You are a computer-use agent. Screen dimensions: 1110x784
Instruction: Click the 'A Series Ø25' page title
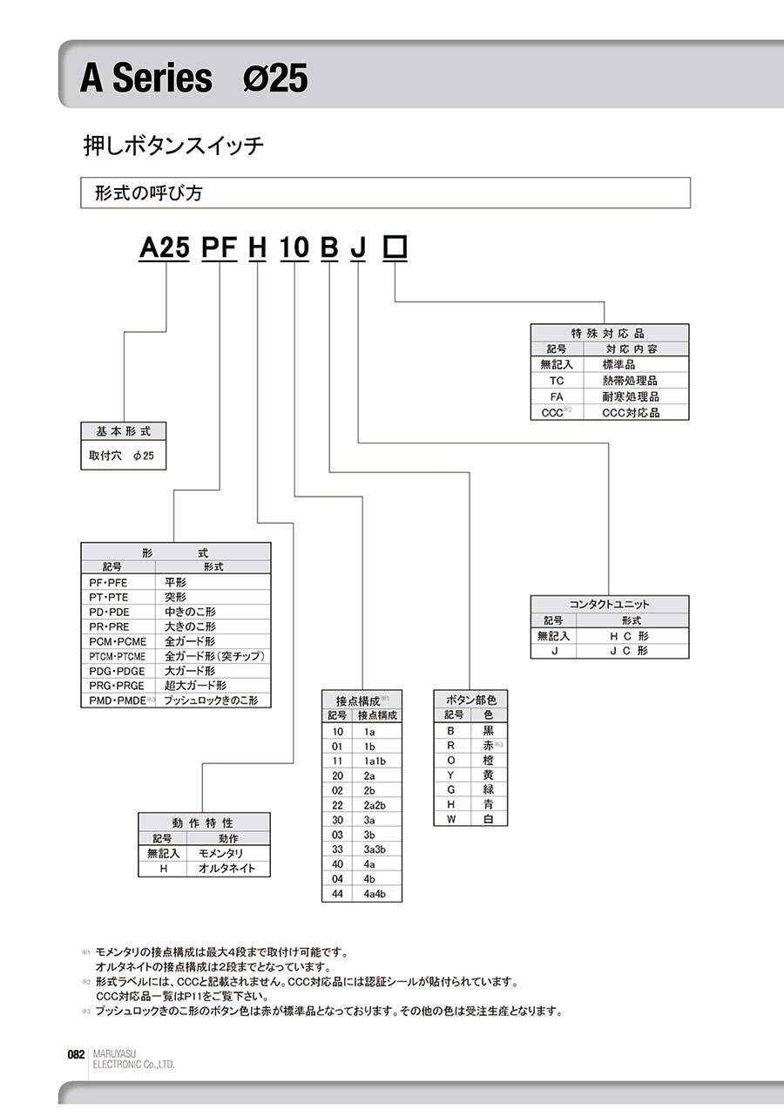coord(193,79)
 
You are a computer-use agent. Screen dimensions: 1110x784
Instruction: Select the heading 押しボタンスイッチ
coord(172,146)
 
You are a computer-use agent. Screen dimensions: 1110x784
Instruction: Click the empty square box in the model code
coord(395,248)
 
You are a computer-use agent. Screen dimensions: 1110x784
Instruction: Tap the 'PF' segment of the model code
coord(218,249)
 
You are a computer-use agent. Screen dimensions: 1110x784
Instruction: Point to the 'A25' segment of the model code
coord(165,249)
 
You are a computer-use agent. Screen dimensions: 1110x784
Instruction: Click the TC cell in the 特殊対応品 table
coord(557,381)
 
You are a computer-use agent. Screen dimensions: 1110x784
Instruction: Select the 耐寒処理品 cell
coord(630,396)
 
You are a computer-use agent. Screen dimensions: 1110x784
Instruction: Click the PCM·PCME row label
coord(117,641)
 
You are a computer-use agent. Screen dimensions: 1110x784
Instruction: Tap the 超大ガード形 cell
coord(195,686)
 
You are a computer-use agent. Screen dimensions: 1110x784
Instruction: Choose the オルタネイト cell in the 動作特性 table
coord(227,869)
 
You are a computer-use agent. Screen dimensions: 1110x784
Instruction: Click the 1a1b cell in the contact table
coord(375,761)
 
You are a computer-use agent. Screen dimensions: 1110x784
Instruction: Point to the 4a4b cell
coord(375,894)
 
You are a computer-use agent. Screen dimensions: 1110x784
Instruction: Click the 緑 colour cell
coord(488,789)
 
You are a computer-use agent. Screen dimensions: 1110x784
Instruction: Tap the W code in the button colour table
coord(451,819)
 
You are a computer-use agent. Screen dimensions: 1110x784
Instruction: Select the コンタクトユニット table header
coord(610,604)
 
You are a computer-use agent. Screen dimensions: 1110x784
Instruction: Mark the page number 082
coord(75,1053)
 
